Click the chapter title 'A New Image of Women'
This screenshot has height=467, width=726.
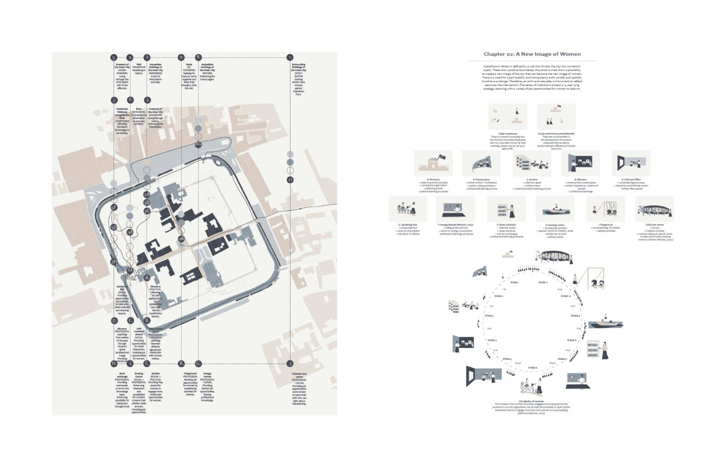(532, 54)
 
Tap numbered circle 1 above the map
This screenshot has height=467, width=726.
(290, 58)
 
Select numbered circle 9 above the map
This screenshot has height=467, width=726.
(181, 58)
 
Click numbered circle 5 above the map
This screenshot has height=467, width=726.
(114, 58)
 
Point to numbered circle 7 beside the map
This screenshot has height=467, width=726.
(114, 100)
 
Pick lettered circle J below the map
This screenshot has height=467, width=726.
(290, 364)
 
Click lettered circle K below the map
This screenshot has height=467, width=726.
(181, 364)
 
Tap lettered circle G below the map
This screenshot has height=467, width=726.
(198, 364)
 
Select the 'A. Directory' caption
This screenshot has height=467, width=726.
(433, 180)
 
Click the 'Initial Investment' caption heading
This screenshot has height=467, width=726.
(508, 134)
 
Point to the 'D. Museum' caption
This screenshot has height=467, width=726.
(580, 180)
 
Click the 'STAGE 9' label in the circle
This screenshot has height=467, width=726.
(575, 315)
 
